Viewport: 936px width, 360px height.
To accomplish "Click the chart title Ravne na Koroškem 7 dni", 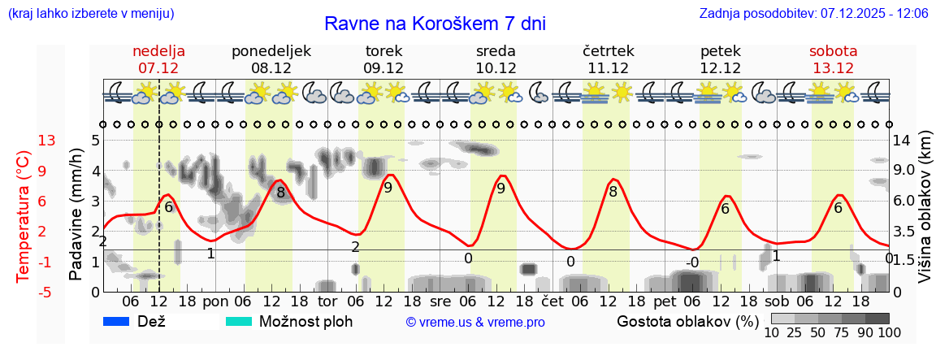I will pos(435,24).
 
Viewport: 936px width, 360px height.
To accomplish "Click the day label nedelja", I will pos(159,51).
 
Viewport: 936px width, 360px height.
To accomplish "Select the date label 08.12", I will pos(271,68).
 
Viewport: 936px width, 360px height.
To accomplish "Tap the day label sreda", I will pos(496,51).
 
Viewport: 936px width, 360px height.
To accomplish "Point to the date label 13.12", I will pos(834,68).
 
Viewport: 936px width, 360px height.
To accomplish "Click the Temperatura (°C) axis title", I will pos(24,215).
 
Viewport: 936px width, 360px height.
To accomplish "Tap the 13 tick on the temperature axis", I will pos(47,141).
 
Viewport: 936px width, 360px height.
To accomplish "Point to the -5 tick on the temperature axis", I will pos(47,292).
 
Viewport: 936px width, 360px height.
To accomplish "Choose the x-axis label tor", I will pos(327,301).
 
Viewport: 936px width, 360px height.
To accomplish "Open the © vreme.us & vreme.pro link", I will pos(475,322).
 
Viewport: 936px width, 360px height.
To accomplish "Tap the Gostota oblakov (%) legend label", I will pos(687,321).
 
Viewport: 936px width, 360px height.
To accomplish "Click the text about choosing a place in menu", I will pos(90,14).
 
